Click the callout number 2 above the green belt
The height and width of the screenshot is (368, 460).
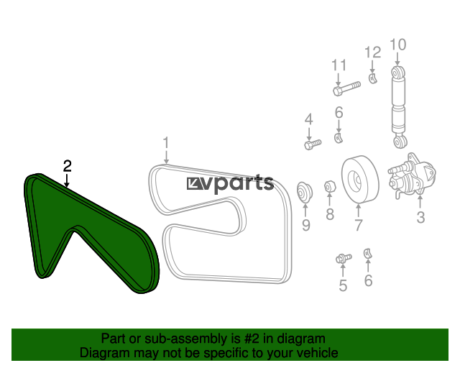[68, 166]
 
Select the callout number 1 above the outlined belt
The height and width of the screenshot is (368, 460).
[166, 143]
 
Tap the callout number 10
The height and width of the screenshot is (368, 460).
[397, 45]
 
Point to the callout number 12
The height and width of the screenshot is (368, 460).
[372, 52]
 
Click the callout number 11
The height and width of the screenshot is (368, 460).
[339, 65]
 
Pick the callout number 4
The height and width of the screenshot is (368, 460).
[308, 119]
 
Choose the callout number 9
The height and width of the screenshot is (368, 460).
[306, 226]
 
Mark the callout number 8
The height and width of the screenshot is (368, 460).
[330, 214]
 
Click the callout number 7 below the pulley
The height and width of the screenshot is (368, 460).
[359, 225]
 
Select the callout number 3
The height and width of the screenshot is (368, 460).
[420, 218]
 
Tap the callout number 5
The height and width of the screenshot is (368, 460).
[343, 285]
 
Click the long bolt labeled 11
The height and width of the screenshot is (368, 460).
[346, 88]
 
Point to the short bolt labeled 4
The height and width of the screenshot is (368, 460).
[313, 144]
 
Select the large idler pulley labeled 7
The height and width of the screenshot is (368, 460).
[360, 179]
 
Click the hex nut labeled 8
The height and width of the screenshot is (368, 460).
[330, 186]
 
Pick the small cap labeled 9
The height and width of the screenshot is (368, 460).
[305, 193]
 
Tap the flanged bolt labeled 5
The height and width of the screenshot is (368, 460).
[344, 258]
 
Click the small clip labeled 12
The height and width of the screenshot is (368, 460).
[373, 78]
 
